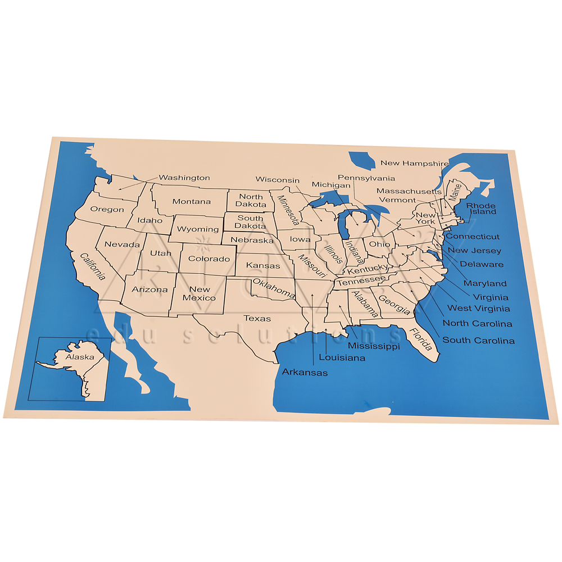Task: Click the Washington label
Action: (x=184, y=178)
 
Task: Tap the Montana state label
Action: (x=192, y=202)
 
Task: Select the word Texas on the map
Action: (x=257, y=319)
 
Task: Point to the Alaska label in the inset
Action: (x=80, y=357)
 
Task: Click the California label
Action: (x=93, y=267)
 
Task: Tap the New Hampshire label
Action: (x=415, y=163)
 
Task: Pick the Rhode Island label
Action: (x=482, y=209)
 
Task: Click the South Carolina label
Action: (x=478, y=340)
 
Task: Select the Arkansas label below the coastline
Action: (x=305, y=372)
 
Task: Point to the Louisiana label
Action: (x=342, y=357)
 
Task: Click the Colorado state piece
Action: (x=209, y=259)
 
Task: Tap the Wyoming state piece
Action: (x=198, y=229)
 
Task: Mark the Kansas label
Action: (x=263, y=265)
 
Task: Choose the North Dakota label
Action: (x=251, y=201)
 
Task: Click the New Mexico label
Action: (x=199, y=293)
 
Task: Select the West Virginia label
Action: (x=478, y=308)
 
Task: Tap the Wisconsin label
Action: (x=278, y=180)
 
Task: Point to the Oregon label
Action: (x=107, y=210)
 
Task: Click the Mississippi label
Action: (x=374, y=346)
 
